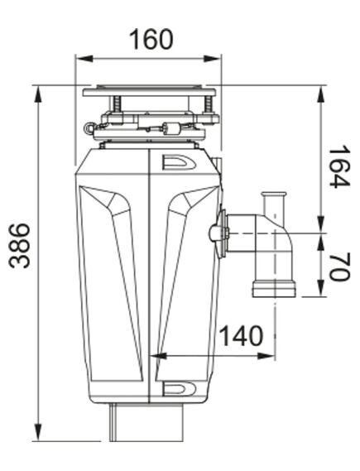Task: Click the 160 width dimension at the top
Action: point(151,39)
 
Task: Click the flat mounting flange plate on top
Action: point(149,90)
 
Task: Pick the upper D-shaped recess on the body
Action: point(177,163)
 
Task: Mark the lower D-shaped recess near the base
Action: point(177,387)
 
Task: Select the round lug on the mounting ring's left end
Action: point(89,127)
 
